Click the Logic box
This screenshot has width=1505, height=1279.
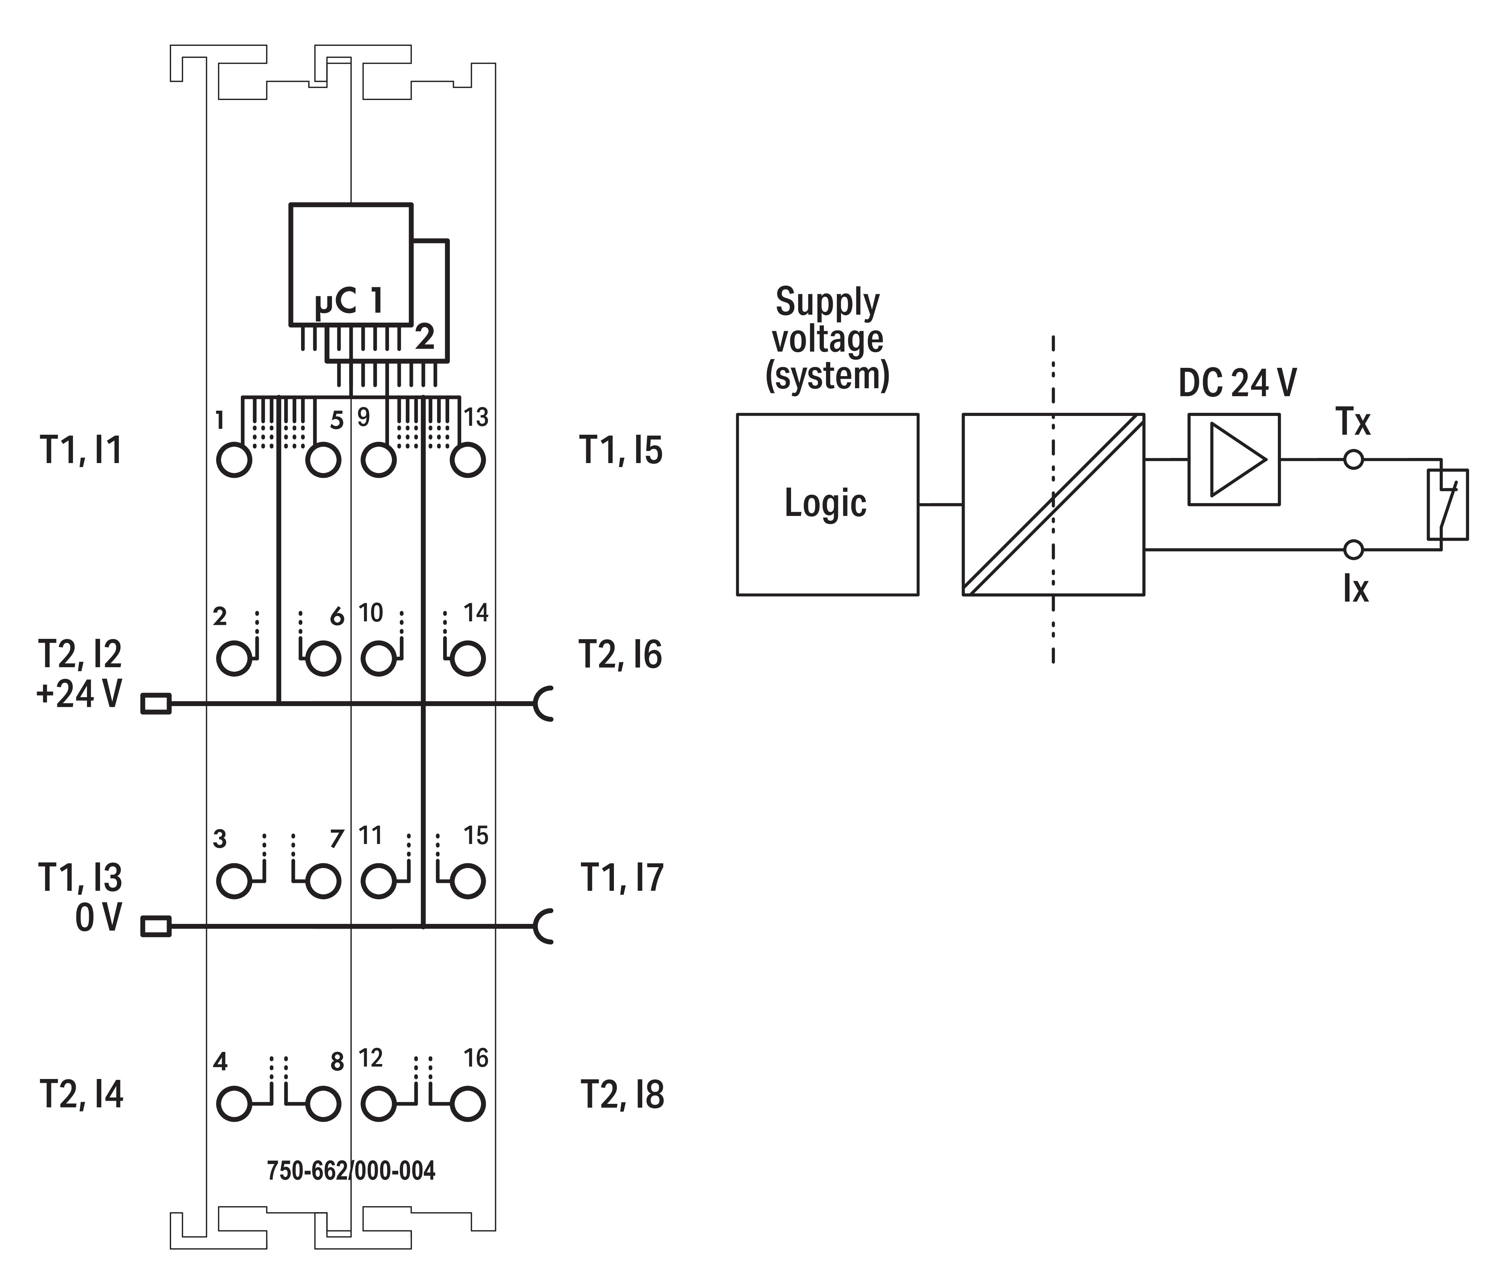827,504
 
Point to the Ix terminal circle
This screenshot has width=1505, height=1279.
1353,550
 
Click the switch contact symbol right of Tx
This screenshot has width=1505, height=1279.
1447,505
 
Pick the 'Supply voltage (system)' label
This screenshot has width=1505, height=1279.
827,339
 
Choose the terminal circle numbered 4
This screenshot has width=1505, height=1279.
234,1104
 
